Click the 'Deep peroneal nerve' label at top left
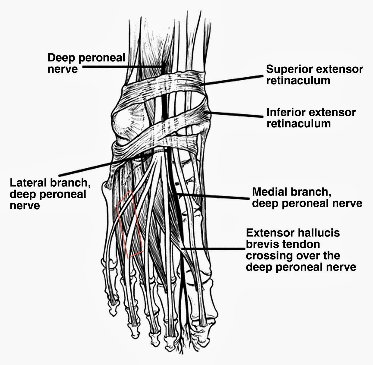pos(86,63)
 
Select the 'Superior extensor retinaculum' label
pos(314,75)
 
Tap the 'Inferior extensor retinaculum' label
pos(311,118)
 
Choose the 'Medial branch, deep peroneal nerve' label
pos(307,197)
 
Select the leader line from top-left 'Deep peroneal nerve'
pos(122,67)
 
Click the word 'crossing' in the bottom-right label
pos(269,256)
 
